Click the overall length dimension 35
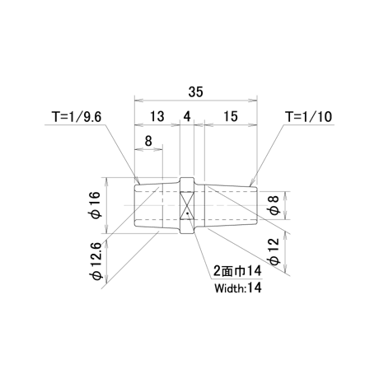click(195, 91)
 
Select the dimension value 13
click(157, 116)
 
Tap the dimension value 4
click(187, 116)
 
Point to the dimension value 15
click(231, 116)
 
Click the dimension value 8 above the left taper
click(148, 141)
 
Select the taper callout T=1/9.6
click(77, 117)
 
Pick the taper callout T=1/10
click(309, 117)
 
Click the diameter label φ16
click(96, 205)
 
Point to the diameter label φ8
click(274, 205)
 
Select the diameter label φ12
click(274, 251)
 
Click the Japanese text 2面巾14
click(238, 271)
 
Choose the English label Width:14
click(238, 288)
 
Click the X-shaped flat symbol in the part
click(187, 205)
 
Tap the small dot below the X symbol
click(187, 213)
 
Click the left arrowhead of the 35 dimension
click(138, 101)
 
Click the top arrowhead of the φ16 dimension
click(107, 181)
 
